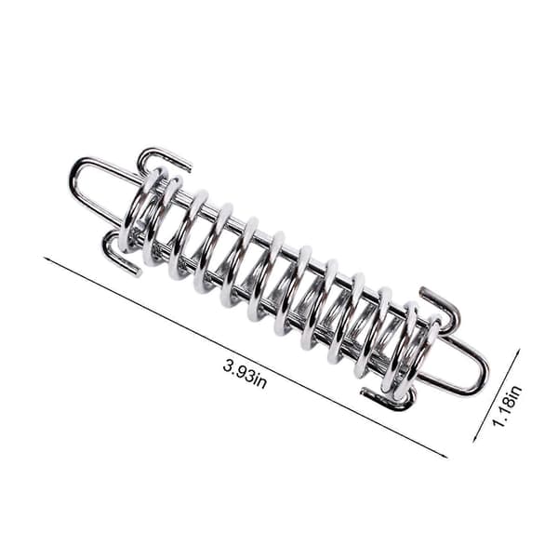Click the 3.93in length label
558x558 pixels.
(x=245, y=374)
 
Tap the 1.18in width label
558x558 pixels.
(x=507, y=405)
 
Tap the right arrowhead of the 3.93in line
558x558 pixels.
(x=444, y=456)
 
